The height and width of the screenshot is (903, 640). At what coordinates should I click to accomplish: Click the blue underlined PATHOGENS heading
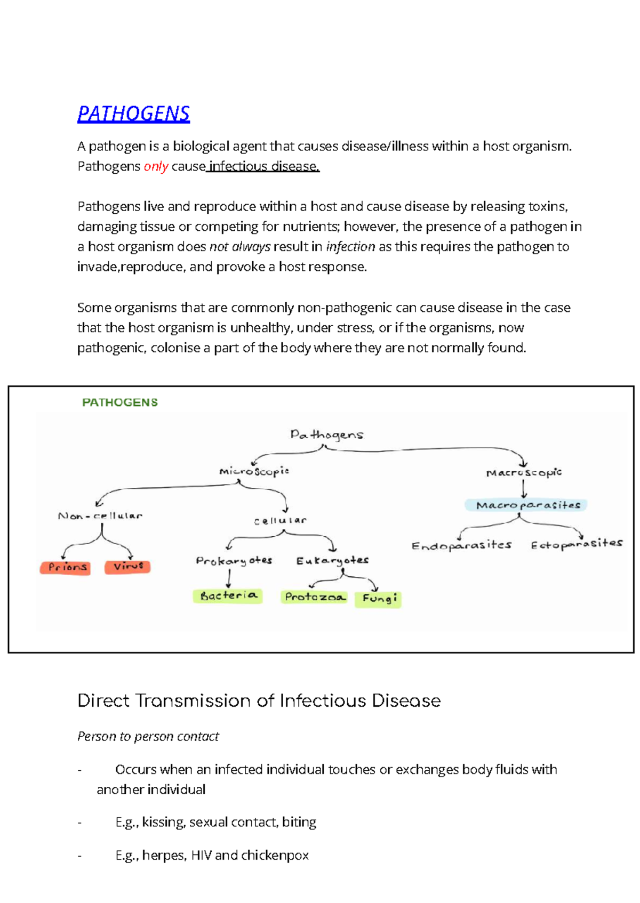coord(133,114)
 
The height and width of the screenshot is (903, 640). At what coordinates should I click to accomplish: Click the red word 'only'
coord(156,166)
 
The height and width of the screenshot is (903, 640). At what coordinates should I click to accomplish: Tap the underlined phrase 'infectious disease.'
coord(264,166)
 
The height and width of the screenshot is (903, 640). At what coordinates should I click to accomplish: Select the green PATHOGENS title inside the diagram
coord(120,402)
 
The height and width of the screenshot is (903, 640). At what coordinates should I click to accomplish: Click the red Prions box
coord(65,567)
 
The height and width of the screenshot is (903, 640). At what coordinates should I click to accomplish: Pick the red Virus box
coord(127,566)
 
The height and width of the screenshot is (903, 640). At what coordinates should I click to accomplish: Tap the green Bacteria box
coord(228,595)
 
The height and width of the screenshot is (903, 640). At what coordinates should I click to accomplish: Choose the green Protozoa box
coord(314,597)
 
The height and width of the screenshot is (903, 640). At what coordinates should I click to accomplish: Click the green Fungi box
coord(378,599)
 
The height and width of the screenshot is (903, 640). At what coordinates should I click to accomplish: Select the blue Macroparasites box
coord(526,505)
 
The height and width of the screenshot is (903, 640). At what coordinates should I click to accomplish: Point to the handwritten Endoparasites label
coord(461,545)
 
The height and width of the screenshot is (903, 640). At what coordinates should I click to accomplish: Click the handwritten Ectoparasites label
coord(577,544)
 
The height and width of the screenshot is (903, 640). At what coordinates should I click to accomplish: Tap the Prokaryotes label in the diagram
coord(234,560)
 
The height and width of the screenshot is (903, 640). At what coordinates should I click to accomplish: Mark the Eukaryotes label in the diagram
coord(332,560)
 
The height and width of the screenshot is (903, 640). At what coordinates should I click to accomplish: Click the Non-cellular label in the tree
coord(100,516)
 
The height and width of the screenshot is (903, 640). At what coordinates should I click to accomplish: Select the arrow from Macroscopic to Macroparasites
coord(524,488)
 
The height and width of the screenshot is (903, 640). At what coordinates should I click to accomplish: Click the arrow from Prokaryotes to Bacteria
coord(229,578)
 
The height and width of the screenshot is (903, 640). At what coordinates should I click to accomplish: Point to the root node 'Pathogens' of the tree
coord(326,435)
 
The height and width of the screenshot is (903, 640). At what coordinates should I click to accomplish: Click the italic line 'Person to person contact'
coord(148,736)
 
